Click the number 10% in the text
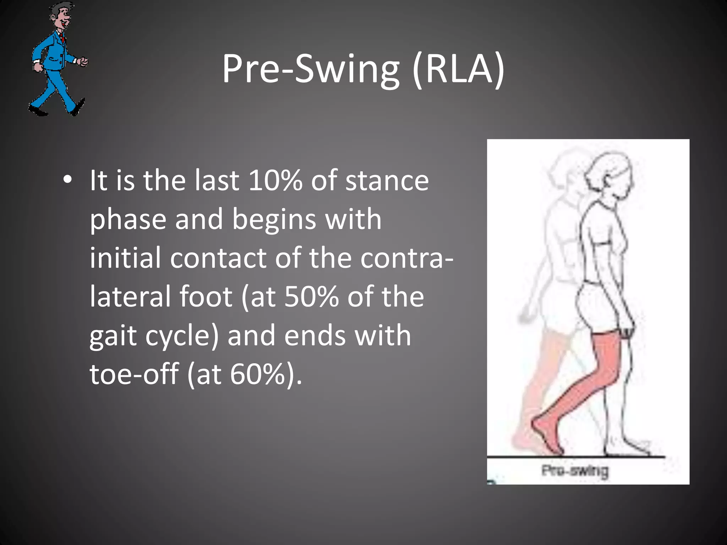275,180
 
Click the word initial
125,258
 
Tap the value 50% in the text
311,297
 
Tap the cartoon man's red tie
63,37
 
